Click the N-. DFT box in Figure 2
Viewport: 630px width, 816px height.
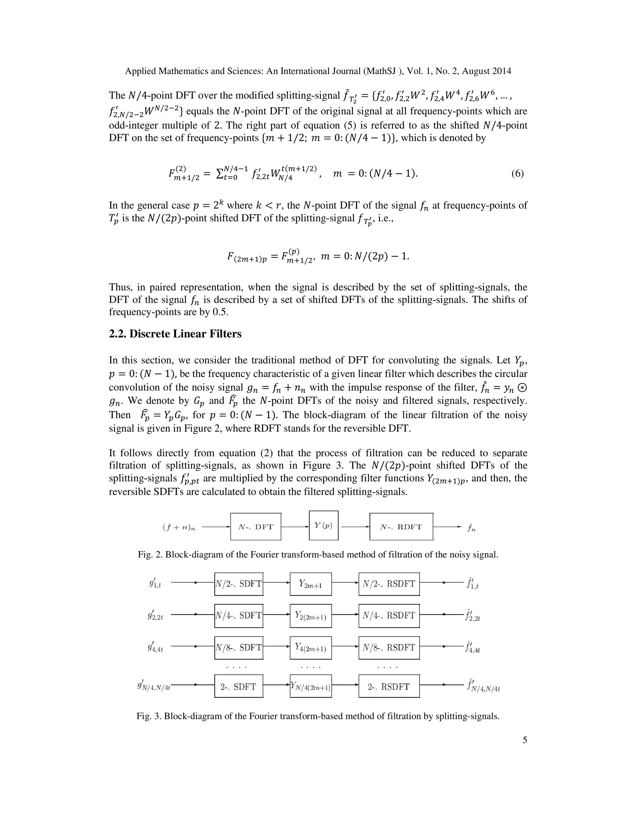(256, 527)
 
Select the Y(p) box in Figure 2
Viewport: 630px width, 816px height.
(324, 525)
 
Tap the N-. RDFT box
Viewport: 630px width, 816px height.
(401, 527)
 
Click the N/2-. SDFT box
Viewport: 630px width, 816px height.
(239, 584)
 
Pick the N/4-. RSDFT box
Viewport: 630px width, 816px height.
(389, 615)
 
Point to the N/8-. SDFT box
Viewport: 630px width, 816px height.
(239, 648)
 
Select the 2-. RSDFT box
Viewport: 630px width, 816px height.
(389, 686)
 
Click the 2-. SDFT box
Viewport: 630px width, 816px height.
(239, 686)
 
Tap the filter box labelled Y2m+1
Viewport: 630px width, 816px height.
(310, 584)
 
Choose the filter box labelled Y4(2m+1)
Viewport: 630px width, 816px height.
(310, 648)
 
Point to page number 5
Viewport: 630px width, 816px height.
(525, 740)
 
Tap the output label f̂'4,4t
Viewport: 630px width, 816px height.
(472, 648)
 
